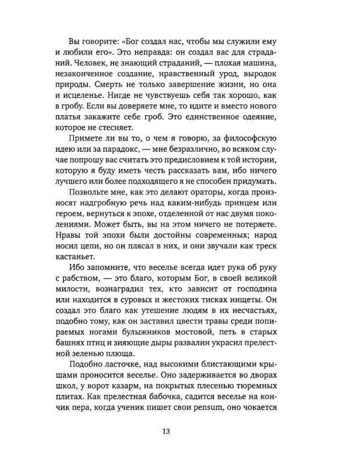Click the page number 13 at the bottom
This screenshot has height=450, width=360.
[x=180, y=430]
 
